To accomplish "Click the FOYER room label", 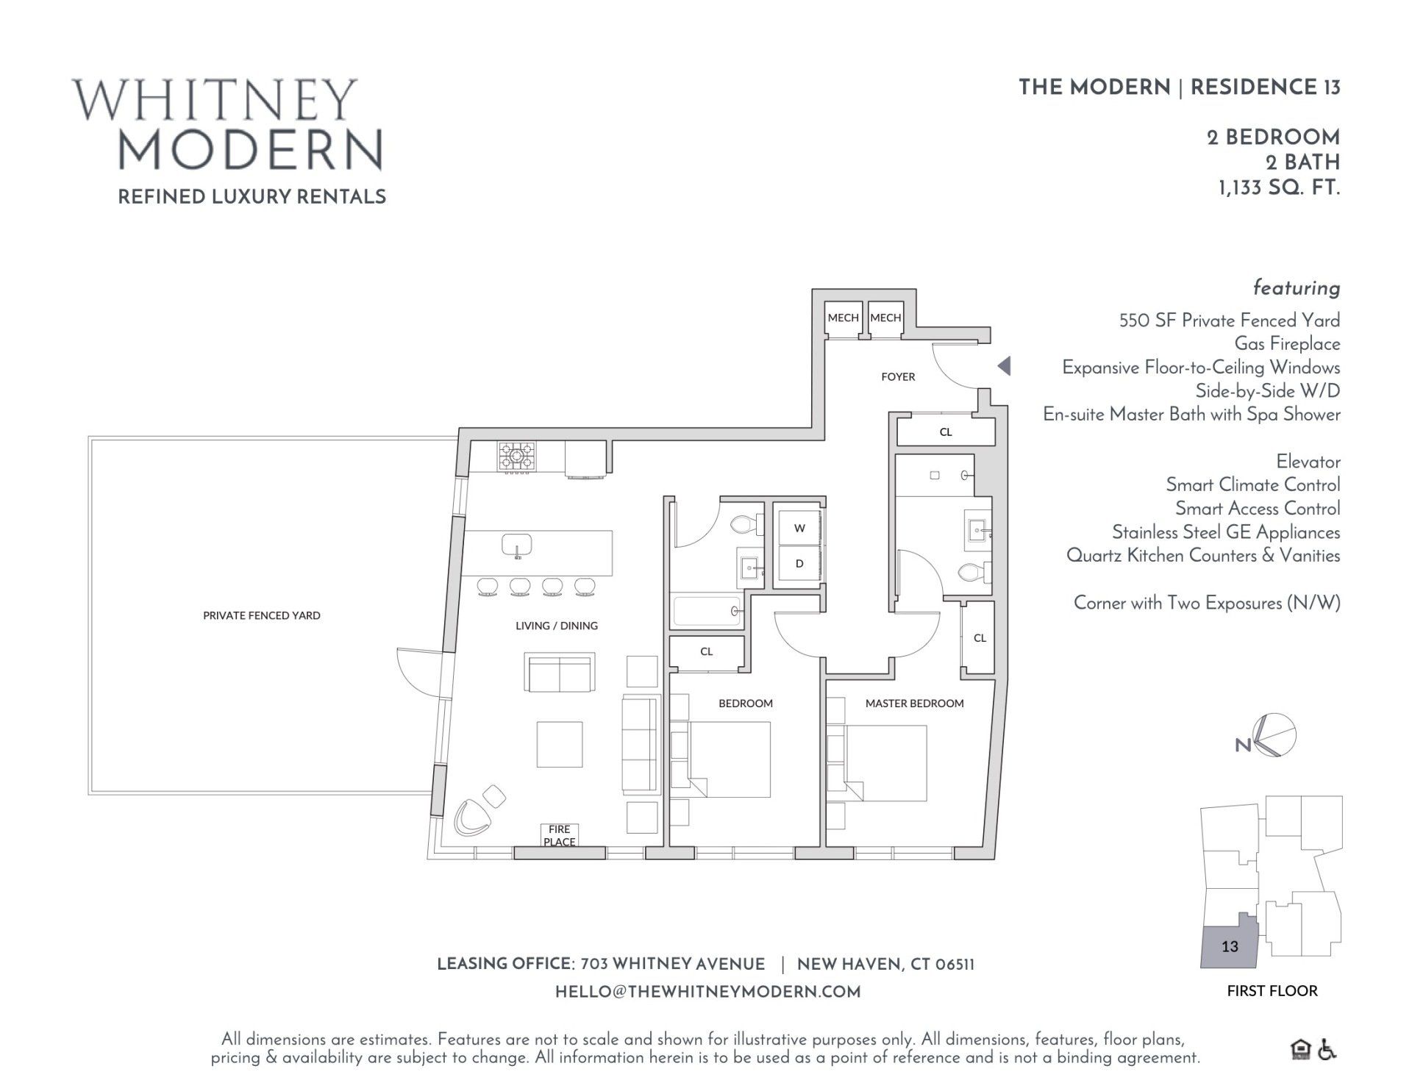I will [x=898, y=376].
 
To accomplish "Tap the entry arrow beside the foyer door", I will [x=1004, y=365].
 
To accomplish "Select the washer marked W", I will [x=799, y=528].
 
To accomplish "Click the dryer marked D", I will [x=799, y=564].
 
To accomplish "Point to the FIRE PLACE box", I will [x=559, y=835].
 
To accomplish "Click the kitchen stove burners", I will [x=517, y=457].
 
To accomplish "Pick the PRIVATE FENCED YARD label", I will [x=262, y=615].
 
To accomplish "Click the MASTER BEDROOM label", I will [x=914, y=704].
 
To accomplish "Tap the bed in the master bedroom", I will [x=883, y=763].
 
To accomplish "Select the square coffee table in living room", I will [x=559, y=744].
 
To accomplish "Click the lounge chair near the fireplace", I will [x=472, y=818].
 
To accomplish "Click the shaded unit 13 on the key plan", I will [x=1228, y=947].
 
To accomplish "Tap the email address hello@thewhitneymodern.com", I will [x=707, y=992].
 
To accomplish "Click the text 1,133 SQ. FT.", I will [x=1279, y=188].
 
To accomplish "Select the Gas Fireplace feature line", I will [x=1287, y=343].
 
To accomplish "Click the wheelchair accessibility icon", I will [x=1327, y=1050].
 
